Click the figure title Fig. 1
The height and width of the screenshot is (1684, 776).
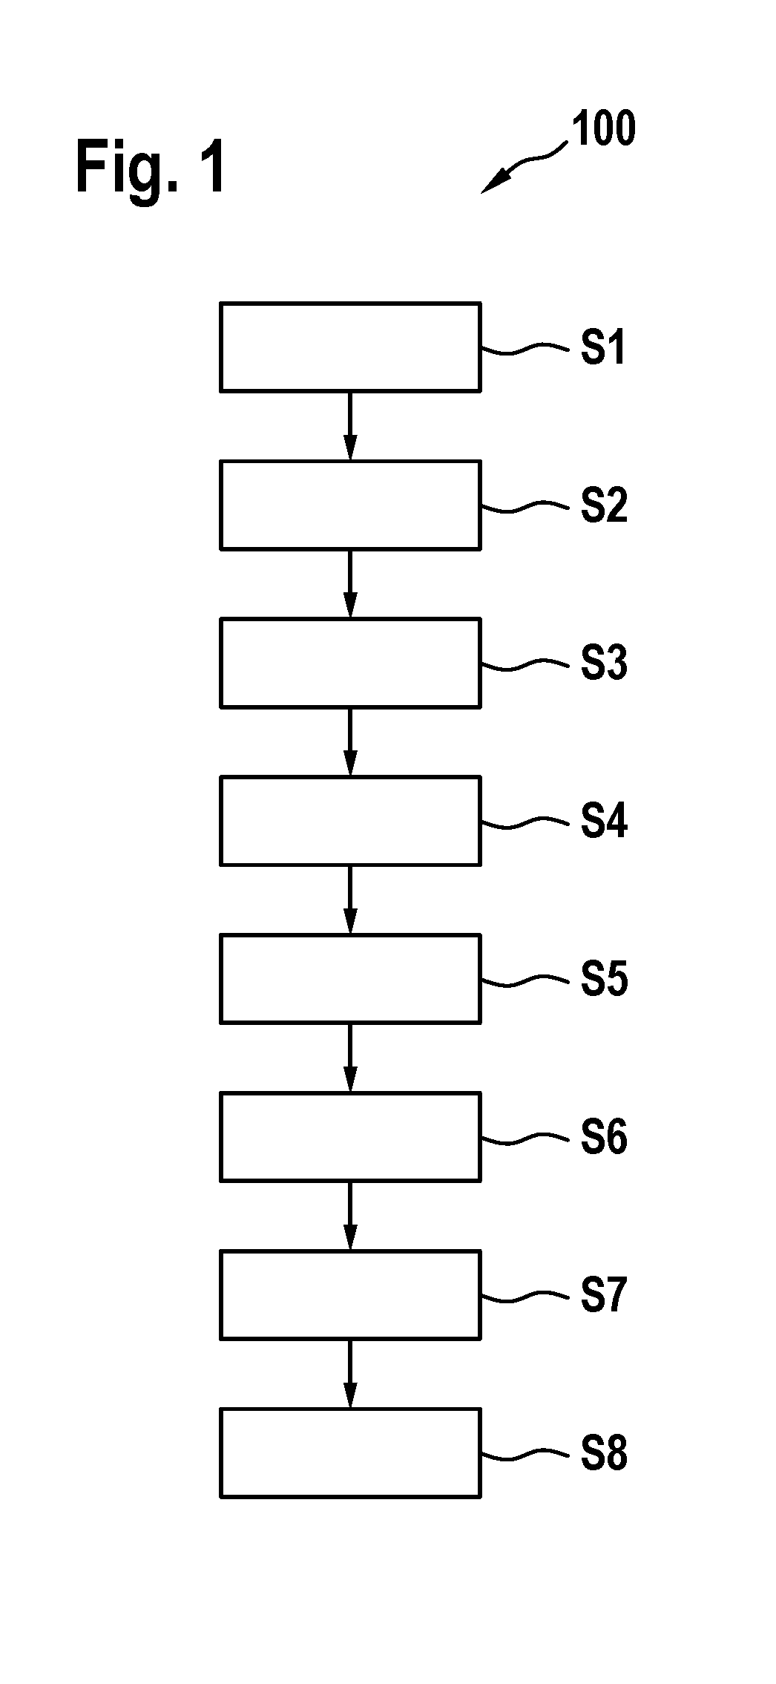point(151,168)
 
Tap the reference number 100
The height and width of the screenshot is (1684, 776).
point(602,128)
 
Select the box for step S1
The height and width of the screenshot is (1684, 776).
point(350,347)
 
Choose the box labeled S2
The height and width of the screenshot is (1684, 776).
point(350,505)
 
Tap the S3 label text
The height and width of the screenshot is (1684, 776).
point(604,663)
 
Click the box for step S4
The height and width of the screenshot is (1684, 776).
point(350,821)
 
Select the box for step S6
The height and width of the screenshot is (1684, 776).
point(350,1136)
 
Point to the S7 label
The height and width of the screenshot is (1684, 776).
point(604,1294)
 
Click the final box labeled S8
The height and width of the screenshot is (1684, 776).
point(350,1452)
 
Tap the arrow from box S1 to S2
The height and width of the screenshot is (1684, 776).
point(350,426)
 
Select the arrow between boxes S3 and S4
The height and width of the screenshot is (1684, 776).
point(350,741)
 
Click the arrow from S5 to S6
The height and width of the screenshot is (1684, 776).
point(350,1058)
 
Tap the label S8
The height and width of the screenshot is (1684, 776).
point(604,1452)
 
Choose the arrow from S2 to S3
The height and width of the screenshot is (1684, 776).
point(350,584)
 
